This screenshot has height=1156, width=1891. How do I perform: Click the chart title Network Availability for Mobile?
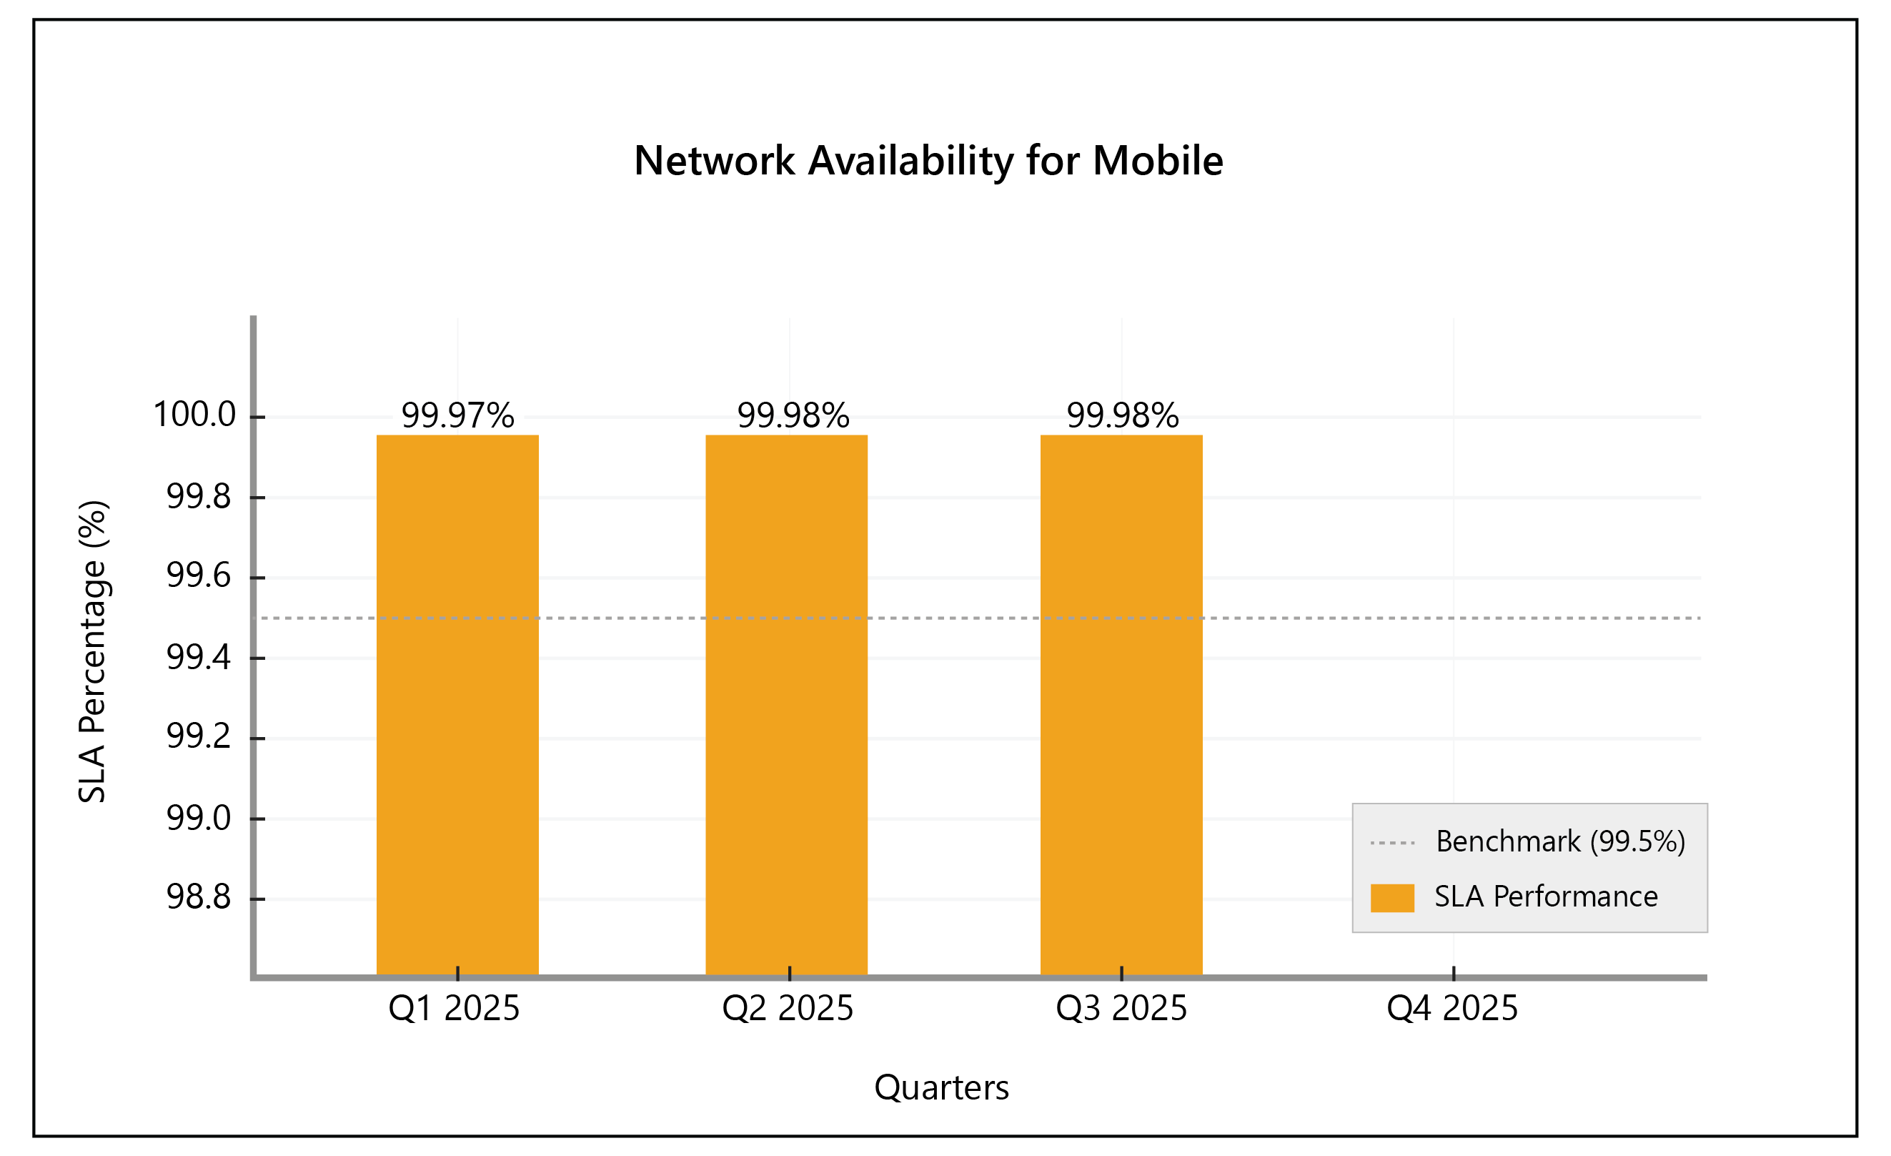click(928, 160)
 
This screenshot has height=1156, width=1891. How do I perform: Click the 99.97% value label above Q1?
click(457, 415)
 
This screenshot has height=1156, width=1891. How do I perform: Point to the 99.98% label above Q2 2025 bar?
click(793, 415)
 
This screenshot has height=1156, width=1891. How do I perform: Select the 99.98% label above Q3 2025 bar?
click(1122, 415)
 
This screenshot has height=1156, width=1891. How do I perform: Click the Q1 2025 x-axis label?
click(454, 1008)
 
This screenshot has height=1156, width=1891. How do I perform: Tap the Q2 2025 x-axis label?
click(788, 1008)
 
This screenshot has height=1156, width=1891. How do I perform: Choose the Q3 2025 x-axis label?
click(1121, 1008)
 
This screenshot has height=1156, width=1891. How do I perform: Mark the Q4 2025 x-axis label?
click(1451, 1008)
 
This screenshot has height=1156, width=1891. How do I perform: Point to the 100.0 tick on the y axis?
click(195, 415)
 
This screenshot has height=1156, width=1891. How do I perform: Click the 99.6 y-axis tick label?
click(198, 575)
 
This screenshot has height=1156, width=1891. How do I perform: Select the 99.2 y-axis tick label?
click(198, 736)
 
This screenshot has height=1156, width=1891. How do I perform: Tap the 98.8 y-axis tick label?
click(198, 896)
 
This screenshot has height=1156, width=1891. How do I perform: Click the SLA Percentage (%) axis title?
click(93, 651)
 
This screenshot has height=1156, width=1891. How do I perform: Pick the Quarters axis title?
click(941, 1087)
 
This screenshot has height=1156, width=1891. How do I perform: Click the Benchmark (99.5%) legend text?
click(1560, 841)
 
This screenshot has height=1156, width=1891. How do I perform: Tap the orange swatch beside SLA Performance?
click(1391, 897)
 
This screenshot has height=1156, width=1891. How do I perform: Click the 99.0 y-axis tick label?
click(198, 817)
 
